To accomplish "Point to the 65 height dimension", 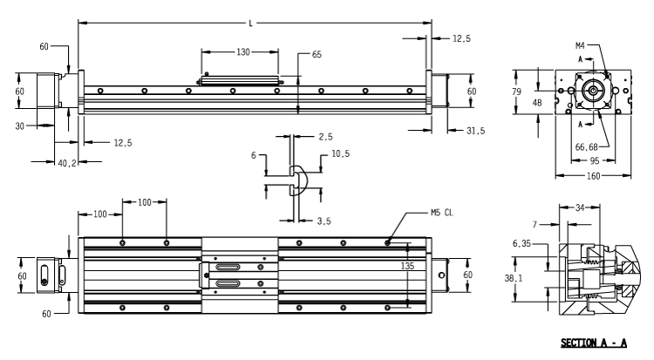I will click(x=317, y=55).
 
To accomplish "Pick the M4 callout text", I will click(x=580, y=43).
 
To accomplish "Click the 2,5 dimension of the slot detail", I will click(x=324, y=137).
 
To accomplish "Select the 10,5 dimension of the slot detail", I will click(x=340, y=154).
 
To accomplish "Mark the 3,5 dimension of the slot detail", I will click(x=324, y=221).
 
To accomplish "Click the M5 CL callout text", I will click(x=441, y=213).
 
